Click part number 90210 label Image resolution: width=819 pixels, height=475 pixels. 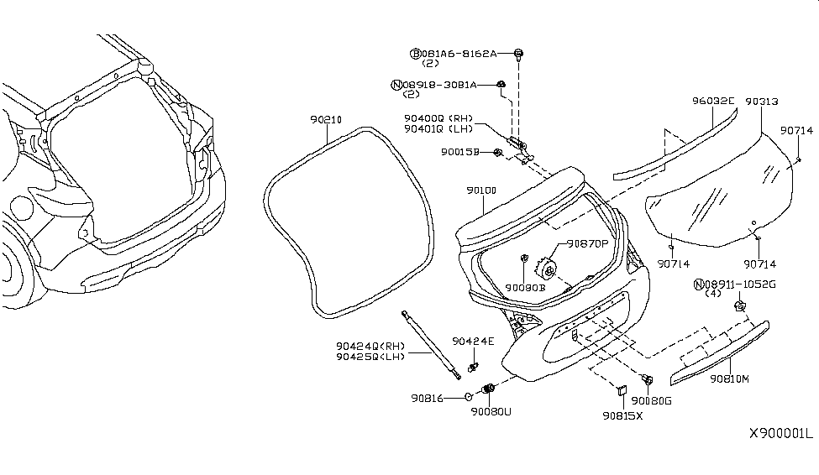coord(326,120)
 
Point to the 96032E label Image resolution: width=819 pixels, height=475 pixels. coord(713,101)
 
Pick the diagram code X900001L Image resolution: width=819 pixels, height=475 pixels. coord(781,434)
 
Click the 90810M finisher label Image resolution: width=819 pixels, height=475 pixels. coord(728,378)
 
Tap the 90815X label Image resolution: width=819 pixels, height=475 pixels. coord(622,415)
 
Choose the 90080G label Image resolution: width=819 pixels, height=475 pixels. coord(652,400)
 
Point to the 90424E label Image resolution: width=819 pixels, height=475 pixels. coord(473,341)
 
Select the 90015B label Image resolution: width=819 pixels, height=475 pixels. coord(459,153)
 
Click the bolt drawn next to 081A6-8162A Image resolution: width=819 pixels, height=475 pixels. coord(519,55)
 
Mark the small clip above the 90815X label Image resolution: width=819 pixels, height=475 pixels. coord(622,389)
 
